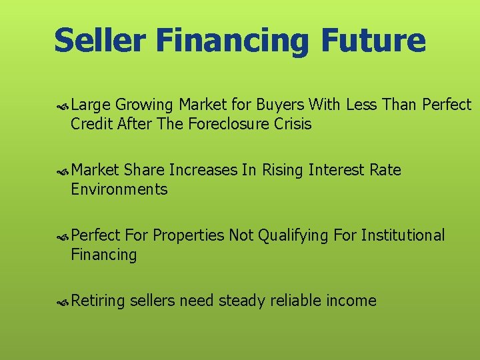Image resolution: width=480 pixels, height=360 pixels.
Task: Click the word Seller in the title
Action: click(x=99, y=40)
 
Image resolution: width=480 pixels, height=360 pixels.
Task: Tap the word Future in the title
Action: click(x=373, y=40)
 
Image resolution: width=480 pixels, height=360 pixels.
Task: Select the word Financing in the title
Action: click(x=233, y=41)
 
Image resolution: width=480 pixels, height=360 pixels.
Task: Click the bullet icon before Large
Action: click(x=63, y=105)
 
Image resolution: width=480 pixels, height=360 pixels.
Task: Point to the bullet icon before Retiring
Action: click(x=63, y=301)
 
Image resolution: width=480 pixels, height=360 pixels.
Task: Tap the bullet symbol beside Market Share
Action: click(x=63, y=171)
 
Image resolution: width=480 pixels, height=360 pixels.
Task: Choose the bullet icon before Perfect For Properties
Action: click(x=63, y=236)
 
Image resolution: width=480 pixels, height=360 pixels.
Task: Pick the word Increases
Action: click(x=203, y=170)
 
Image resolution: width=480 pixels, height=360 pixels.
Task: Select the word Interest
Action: click(x=335, y=170)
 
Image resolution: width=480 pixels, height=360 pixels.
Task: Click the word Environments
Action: click(x=119, y=189)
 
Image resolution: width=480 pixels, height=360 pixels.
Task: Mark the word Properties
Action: click(x=189, y=235)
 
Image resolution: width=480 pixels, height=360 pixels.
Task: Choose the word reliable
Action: click(x=296, y=301)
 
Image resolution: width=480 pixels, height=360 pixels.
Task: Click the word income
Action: click(x=351, y=301)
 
